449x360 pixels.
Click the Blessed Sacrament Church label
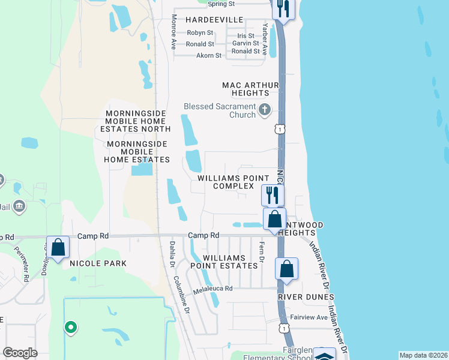point(220,110)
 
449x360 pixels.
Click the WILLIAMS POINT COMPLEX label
point(234,182)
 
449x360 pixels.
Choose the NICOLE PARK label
point(98,263)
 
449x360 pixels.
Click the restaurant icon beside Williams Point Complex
point(273,194)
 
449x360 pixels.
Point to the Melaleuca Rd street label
point(212,290)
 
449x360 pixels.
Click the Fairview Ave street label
point(309,317)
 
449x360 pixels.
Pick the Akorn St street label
point(209,55)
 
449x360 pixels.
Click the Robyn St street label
point(200,32)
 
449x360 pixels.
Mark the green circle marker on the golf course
point(71,328)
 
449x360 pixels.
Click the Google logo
point(20,353)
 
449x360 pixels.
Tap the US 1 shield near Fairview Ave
point(284,328)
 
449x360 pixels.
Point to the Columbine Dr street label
point(182,295)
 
